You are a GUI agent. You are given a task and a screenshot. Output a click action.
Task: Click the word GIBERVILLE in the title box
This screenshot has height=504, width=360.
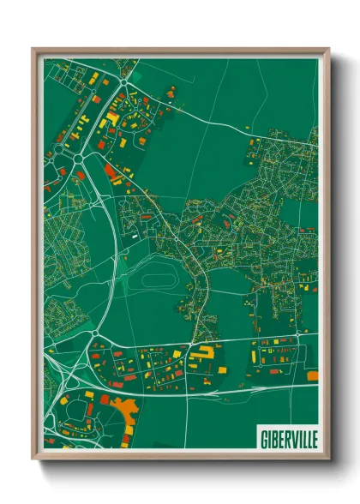(287, 438)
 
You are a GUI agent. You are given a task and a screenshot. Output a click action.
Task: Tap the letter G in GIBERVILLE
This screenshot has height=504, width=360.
(261, 438)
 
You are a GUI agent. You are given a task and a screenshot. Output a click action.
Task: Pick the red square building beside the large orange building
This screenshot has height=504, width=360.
(105, 399)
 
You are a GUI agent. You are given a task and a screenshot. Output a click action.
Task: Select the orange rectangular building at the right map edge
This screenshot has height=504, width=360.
(312, 375)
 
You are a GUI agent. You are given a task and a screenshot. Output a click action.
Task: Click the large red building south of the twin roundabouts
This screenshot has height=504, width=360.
(111, 171)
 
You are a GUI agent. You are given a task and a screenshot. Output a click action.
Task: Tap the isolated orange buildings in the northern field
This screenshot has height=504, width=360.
(171, 90)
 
